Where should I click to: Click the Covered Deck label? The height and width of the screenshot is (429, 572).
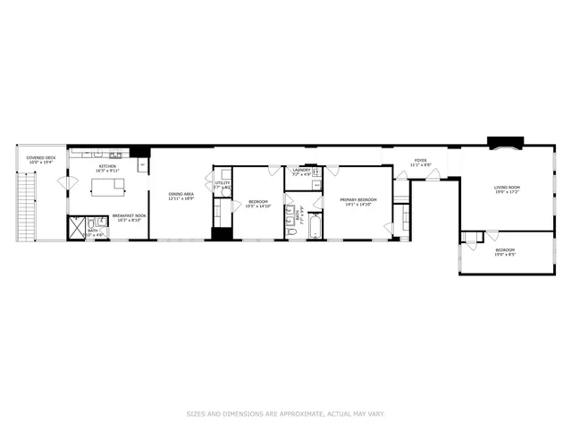pos(41,160)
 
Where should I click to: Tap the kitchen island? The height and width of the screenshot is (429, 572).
pos(108,186)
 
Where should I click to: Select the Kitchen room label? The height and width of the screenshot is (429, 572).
pos(108,168)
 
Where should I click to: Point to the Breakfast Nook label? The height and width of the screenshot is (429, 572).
pos(130,217)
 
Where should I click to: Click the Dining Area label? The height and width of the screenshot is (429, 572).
pos(182,197)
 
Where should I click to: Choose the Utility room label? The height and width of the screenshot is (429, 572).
pos(223,185)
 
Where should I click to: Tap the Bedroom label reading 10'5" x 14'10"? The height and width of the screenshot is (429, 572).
pos(258,204)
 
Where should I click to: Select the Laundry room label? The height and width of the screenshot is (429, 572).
pos(301,172)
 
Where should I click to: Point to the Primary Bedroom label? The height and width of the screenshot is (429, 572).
pos(357,202)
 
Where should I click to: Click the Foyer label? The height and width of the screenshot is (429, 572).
pos(420,164)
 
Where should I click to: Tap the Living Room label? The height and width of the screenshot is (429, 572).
pos(507,189)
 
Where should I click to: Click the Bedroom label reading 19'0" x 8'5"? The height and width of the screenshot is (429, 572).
pos(505,252)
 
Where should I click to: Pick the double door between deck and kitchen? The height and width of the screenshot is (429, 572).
pos(63,183)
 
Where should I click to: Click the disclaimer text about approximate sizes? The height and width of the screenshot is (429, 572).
pos(286,413)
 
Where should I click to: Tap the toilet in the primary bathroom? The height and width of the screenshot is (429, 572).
pos(291,231)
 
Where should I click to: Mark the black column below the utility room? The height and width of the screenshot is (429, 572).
pos(221,234)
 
